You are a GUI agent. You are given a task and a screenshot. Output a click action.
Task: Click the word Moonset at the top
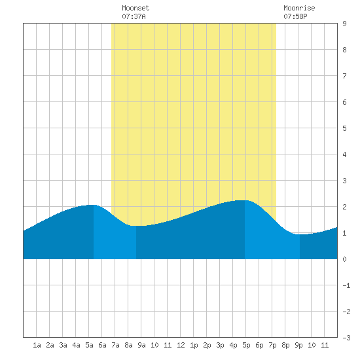135,8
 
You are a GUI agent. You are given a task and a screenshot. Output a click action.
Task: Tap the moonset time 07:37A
134,16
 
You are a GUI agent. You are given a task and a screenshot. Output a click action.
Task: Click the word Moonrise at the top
299,8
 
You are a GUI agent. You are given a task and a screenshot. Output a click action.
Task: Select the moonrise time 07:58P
295,16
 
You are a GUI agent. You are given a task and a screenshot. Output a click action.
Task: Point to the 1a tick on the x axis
37,345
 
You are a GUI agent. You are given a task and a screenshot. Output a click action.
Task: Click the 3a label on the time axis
63,345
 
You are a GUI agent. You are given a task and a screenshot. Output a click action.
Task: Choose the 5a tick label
89,345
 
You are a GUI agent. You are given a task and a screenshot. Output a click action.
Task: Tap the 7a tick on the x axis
115,345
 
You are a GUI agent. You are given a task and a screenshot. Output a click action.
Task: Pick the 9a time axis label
141,345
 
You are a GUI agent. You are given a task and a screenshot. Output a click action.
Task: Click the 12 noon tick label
181,345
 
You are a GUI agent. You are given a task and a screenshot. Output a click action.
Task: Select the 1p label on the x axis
194,345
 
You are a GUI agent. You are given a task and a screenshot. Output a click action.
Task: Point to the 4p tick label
233,345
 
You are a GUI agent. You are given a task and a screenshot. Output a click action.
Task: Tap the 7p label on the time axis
272,345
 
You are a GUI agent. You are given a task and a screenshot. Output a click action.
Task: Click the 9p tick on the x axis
298,345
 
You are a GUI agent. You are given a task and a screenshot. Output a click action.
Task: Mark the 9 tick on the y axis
344,24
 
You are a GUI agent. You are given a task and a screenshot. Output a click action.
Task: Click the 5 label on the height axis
344,128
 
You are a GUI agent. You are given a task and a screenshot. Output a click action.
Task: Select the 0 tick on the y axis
344,259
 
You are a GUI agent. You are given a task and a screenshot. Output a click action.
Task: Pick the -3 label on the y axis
346,338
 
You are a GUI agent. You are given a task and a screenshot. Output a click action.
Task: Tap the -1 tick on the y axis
346,285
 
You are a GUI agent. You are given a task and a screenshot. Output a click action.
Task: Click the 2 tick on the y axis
344,207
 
